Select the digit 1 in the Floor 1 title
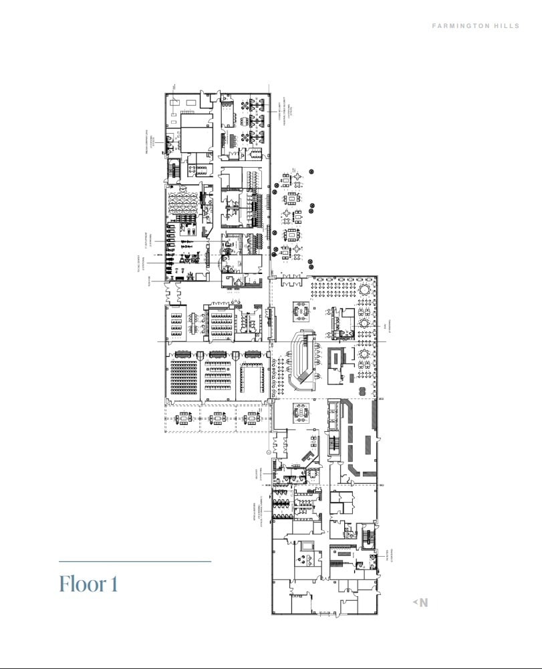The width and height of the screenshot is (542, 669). pyautogui.click(x=114, y=583)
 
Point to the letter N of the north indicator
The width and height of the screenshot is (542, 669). pyautogui.click(x=424, y=603)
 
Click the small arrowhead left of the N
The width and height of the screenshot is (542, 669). pyautogui.click(x=415, y=603)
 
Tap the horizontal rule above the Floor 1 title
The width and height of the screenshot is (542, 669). pyautogui.click(x=135, y=562)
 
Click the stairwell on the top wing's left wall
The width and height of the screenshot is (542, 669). pyautogui.click(x=173, y=167)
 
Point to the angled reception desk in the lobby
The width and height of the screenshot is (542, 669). pyautogui.click(x=309, y=455)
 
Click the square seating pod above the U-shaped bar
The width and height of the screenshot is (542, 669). pyautogui.click(x=300, y=309)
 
